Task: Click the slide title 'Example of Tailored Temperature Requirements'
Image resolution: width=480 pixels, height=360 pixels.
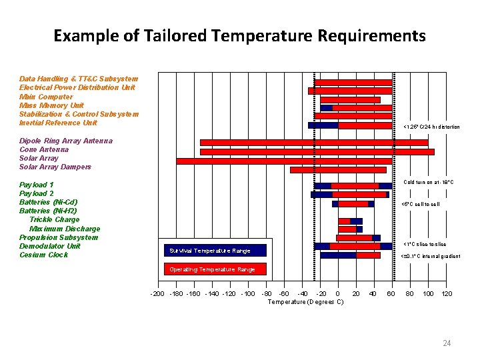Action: click(x=239, y=35)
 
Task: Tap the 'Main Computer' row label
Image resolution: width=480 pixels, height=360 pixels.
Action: click(x=46, y=97)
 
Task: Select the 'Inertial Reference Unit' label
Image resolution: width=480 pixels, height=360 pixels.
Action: click(x=58, y=123)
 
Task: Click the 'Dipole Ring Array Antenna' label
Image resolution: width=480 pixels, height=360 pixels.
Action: click(x=66, y=141)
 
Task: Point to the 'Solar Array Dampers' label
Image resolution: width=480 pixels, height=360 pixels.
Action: click(x=55, y=167)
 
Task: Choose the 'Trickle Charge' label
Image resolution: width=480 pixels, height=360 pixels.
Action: click(x=54, y=219)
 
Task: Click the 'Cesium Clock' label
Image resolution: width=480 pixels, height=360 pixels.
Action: click(x=43, y=255)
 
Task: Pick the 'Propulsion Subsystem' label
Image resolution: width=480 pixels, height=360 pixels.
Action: click(x=59, y=237)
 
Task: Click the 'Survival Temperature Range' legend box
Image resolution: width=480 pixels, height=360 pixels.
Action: click(x=215, y=251)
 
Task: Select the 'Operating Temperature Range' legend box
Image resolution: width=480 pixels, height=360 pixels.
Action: click(x=215, y=269)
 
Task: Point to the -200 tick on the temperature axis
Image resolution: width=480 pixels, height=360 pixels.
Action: click(x=157, y=293)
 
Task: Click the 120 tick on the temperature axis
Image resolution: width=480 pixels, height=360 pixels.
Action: click(x=447, y=293)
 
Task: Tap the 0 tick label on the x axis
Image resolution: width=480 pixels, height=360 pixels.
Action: click(x=337, y=293)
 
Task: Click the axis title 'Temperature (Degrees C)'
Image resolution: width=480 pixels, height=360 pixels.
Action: click(x=305, y=302)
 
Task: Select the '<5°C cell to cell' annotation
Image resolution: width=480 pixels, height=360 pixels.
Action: click(x=420, y=204)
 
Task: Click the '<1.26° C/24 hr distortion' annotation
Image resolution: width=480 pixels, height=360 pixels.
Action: click(x=431, y=127)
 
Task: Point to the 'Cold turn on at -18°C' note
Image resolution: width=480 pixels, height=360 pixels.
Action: click(x=429, y=182)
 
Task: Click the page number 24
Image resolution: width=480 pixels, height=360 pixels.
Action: click(x=447, y=343)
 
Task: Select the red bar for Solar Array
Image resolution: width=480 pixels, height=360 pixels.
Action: click(x=284, y=161)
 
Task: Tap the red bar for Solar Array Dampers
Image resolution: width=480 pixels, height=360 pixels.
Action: click(x=338, y=170)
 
